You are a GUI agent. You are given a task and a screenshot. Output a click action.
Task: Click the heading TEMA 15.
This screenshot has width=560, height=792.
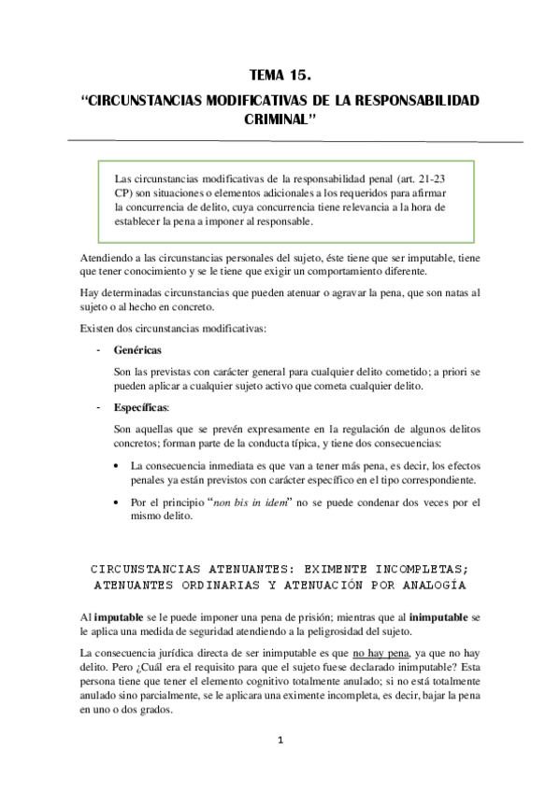pos(280,76)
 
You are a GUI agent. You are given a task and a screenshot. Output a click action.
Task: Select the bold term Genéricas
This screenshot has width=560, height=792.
pos(137,348)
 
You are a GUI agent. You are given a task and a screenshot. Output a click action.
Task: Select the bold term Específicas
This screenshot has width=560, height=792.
pos(140,407)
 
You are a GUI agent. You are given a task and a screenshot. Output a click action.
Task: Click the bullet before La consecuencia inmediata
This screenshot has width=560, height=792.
pos(116,465)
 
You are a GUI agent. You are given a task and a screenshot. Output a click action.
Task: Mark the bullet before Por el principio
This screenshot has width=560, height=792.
pos(116,502)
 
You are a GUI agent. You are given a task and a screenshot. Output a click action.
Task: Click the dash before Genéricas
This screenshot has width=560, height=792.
pos(98,348)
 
